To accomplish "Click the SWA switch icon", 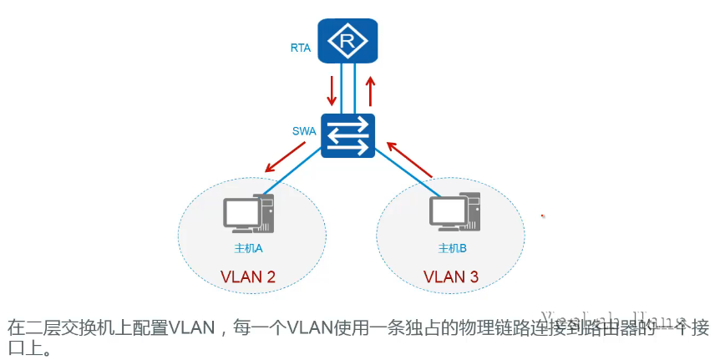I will point(347,136).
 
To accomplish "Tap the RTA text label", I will point(301,48).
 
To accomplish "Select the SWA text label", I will point(303,131).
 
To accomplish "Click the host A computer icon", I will point(247,214).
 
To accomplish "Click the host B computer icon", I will point(454,214).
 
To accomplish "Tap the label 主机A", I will point(249,249).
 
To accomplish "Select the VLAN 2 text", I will point(248,276).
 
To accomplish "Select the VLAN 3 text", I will point(451,276).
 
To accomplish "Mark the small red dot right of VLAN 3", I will point(543,216).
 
